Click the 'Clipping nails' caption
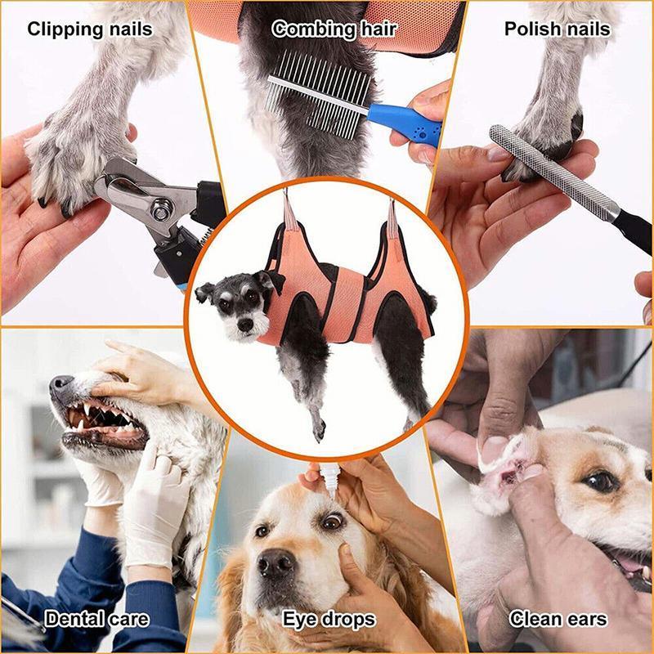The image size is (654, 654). [90, 30]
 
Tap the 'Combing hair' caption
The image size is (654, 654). [334, 30]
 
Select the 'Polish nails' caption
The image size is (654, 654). [558, 30]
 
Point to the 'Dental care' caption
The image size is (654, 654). [97, 619]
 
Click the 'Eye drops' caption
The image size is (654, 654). [329, 619]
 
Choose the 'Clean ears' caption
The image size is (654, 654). [559, 619]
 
